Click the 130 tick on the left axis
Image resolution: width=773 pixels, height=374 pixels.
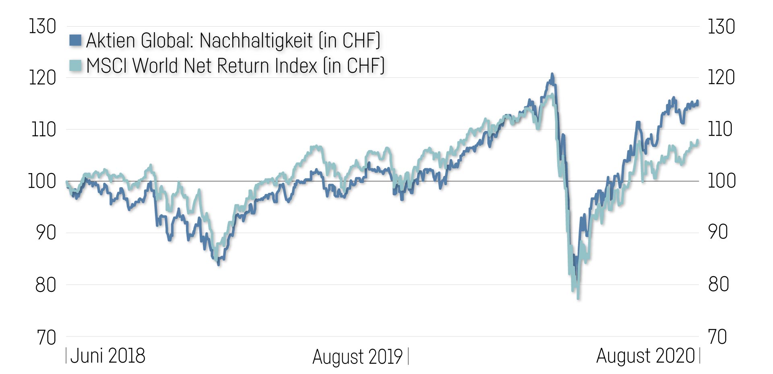tap(42, 27)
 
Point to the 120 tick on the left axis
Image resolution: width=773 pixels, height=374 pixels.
tap(42, 78)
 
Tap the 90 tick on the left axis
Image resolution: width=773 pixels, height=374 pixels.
tap(45, 233)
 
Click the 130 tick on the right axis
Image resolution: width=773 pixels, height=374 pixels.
tap(721, 27)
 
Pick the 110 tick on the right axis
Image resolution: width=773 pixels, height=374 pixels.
tap(720, 129)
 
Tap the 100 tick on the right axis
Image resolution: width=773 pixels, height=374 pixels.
tap(721, 181)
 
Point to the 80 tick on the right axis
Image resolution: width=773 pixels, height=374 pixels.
tap(718, 284)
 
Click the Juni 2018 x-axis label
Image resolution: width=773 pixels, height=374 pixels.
tap(107, 356)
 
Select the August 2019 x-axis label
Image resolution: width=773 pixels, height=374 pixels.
tap(358, 357)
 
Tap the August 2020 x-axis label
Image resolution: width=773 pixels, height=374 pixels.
tap(645, 356)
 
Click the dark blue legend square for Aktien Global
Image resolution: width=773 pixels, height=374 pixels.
tap(75, 40)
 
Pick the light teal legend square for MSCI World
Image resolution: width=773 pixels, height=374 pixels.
tap(75, 65)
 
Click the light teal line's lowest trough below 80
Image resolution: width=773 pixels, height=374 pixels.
tap(578, 299)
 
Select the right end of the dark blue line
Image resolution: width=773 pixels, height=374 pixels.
tap(698, 101)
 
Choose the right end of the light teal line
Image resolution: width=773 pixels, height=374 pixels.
tap(698, 141)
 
